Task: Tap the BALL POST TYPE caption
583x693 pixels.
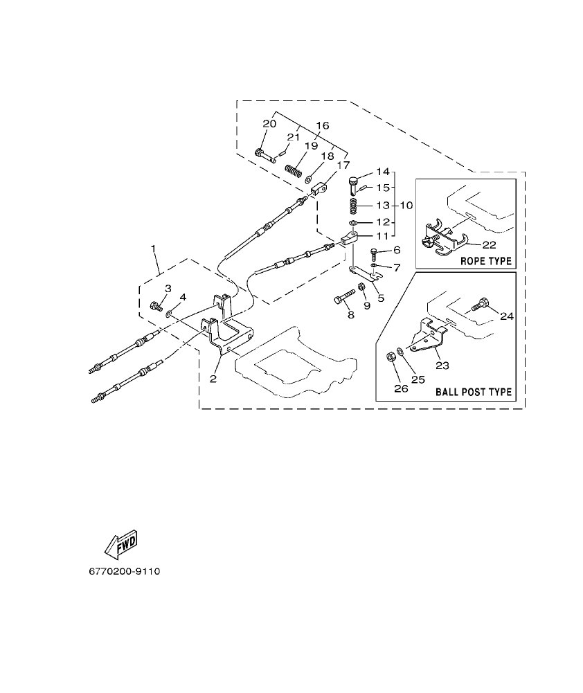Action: (x=474, y=392)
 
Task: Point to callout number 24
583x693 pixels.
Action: (x=508, y=316)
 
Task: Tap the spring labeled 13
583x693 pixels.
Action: (x=354, y=206)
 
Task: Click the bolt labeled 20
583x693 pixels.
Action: (x=264, y=154)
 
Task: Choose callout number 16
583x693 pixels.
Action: (x=323, y=125)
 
